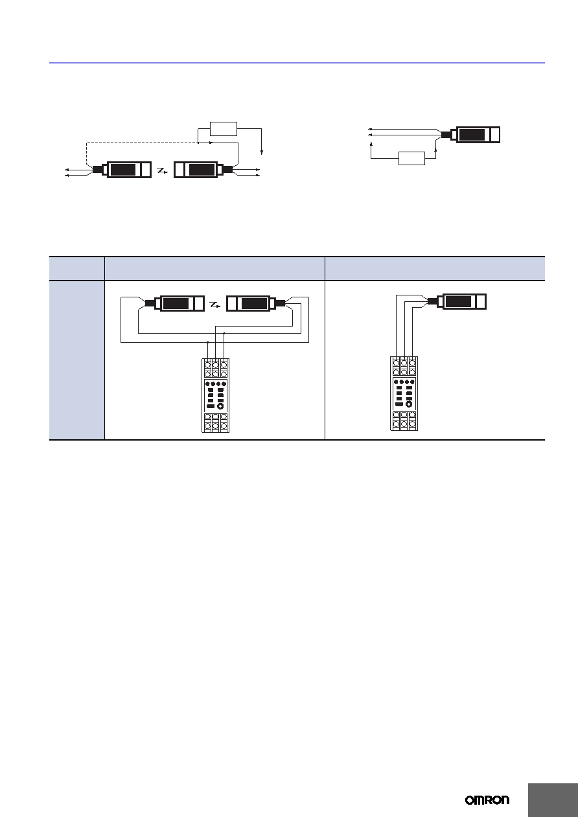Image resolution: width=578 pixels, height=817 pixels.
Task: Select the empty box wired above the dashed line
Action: (224, 129)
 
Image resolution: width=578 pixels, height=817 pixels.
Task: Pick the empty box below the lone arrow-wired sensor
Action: (411, 158)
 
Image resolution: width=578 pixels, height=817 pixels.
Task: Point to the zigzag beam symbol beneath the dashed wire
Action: (162, 170)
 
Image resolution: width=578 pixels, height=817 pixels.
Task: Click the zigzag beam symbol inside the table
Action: (215, 304)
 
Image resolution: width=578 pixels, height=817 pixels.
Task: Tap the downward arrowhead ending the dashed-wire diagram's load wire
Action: (262, 152)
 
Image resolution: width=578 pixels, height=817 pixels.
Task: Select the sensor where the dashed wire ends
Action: (122, 170)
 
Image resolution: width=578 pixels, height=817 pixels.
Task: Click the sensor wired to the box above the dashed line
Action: (203, 170)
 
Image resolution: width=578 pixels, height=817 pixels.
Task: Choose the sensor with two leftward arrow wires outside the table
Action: (470, 135)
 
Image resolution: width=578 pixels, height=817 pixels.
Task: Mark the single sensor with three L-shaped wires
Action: (457, 302)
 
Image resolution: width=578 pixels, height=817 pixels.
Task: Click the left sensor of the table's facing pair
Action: (175, 303)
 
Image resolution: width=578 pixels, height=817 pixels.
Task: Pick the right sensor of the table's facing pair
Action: (256, 303)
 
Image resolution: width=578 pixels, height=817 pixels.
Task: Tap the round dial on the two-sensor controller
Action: (220, 406)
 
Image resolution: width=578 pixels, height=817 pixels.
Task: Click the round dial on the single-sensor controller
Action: (409, 404)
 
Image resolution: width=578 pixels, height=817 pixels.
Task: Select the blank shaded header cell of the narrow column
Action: (77, 268)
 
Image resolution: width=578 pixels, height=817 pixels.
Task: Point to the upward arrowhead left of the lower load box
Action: (371, 144)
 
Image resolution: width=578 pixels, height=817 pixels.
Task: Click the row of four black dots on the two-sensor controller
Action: (216, 384)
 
